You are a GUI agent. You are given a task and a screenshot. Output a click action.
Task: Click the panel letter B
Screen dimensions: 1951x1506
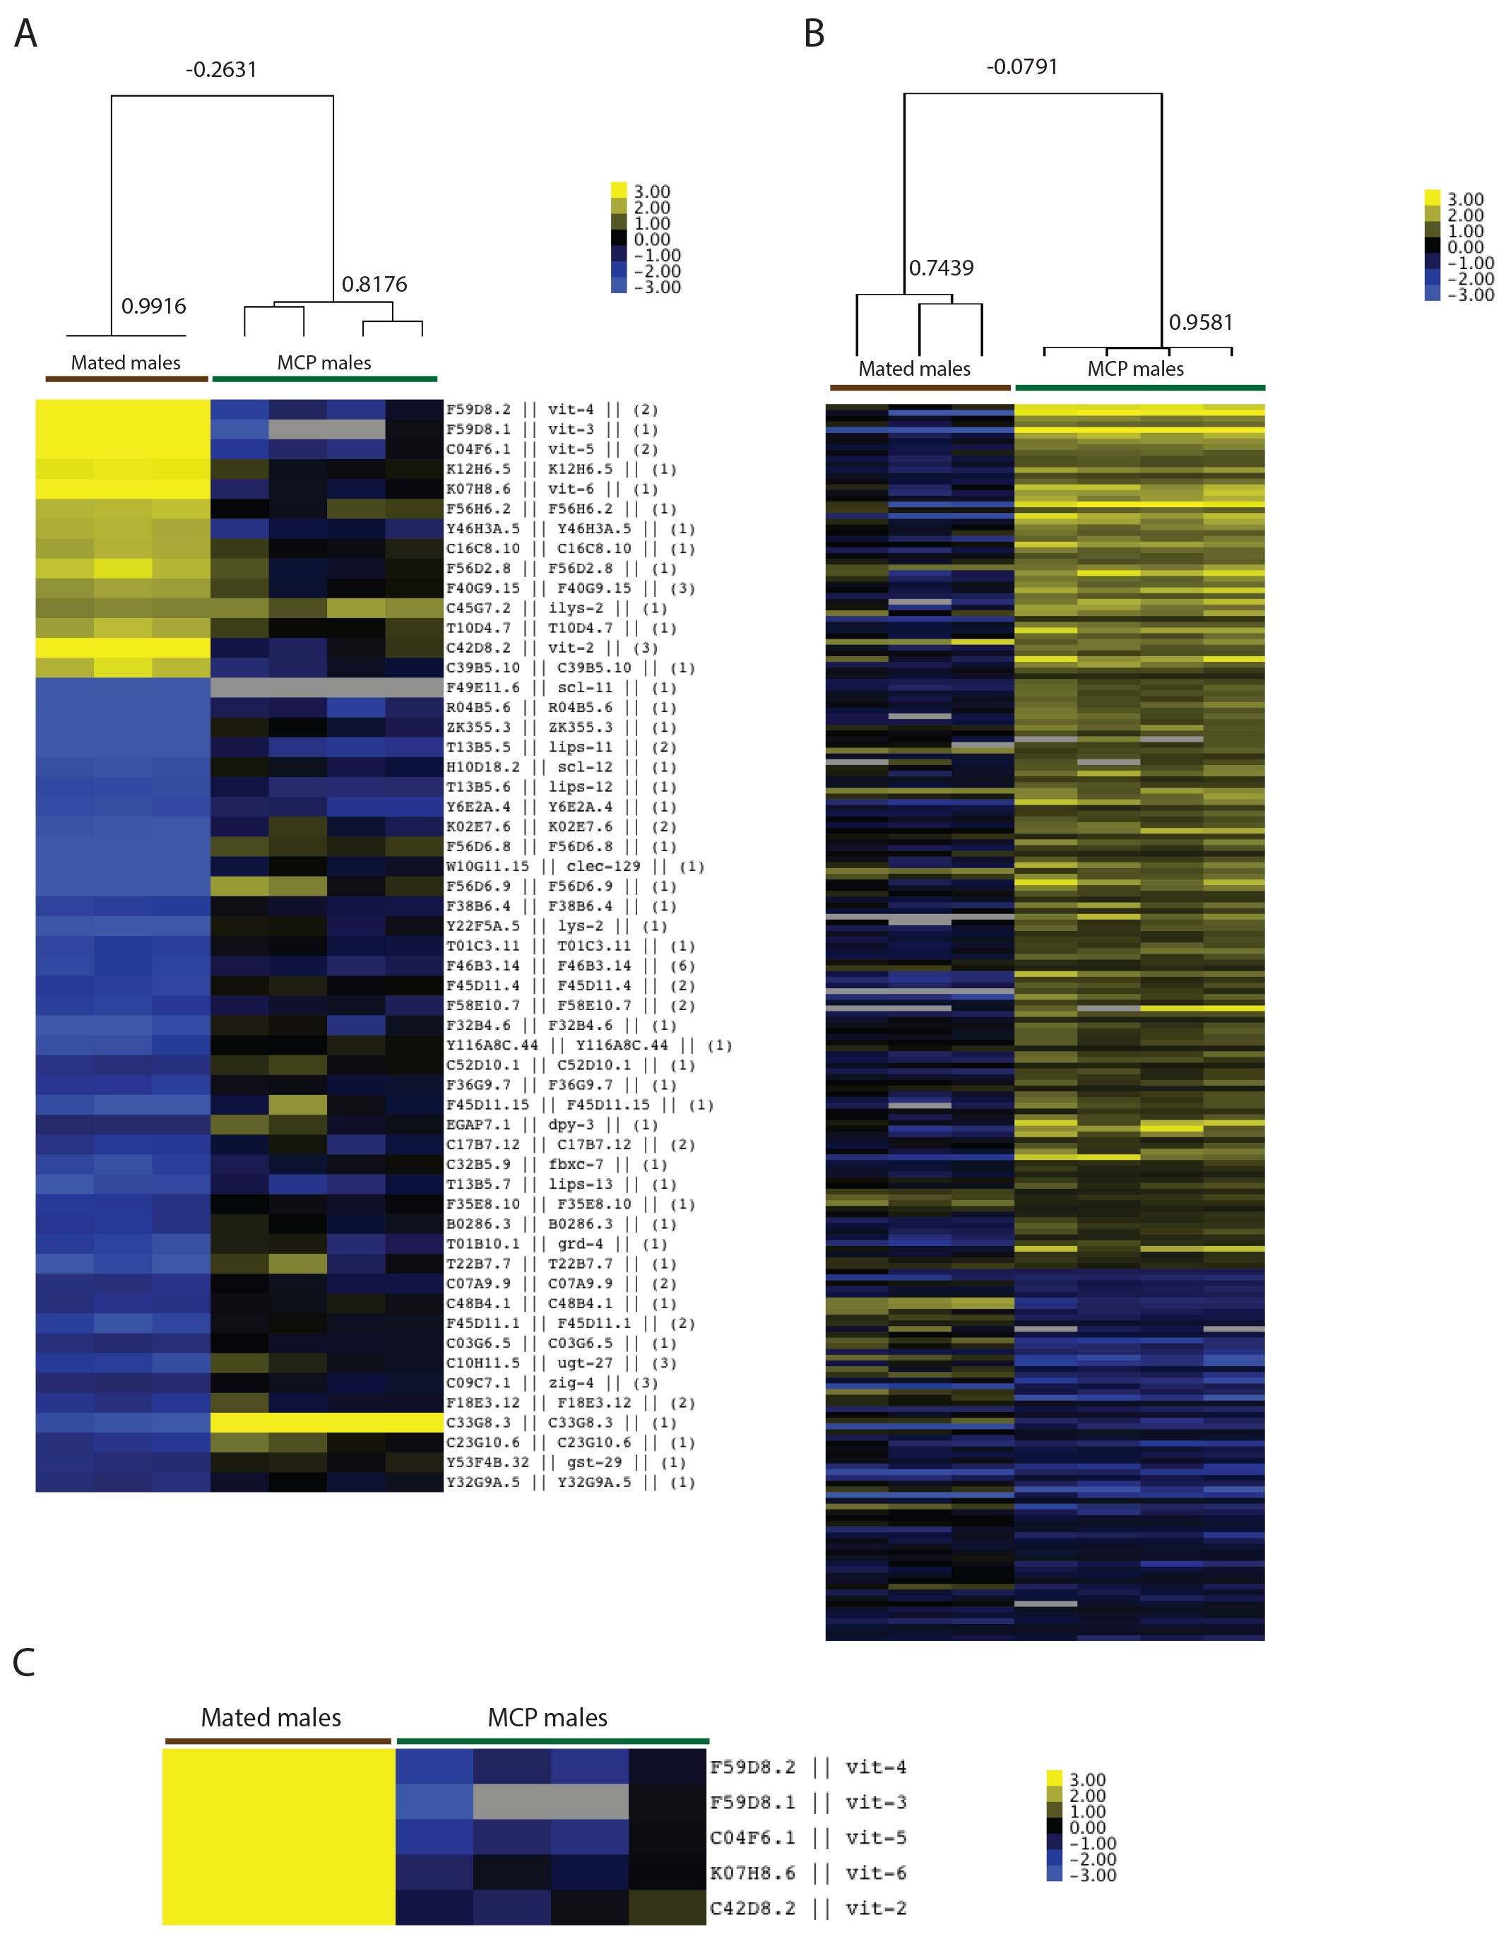(x=813, y=34)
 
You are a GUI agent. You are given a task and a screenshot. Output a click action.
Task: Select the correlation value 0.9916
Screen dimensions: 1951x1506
(x=153, y=307)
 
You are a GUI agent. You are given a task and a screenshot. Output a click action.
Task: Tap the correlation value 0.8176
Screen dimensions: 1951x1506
(x=374, y=285)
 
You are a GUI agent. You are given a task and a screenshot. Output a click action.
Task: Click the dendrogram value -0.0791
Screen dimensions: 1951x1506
(x=1022, y=67)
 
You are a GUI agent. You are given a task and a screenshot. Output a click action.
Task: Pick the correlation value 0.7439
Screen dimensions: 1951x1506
(x=941, y=268)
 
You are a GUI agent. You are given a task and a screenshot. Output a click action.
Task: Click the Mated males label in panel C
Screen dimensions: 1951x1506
(x=271, y=1718)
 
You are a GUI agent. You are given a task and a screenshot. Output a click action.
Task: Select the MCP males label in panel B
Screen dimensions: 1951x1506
(x=1135, y=369)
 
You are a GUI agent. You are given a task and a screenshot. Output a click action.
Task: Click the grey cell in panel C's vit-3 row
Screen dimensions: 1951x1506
(x=550, y=1803)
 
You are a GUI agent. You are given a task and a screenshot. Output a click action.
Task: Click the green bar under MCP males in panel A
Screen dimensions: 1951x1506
(x=324, y=379)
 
